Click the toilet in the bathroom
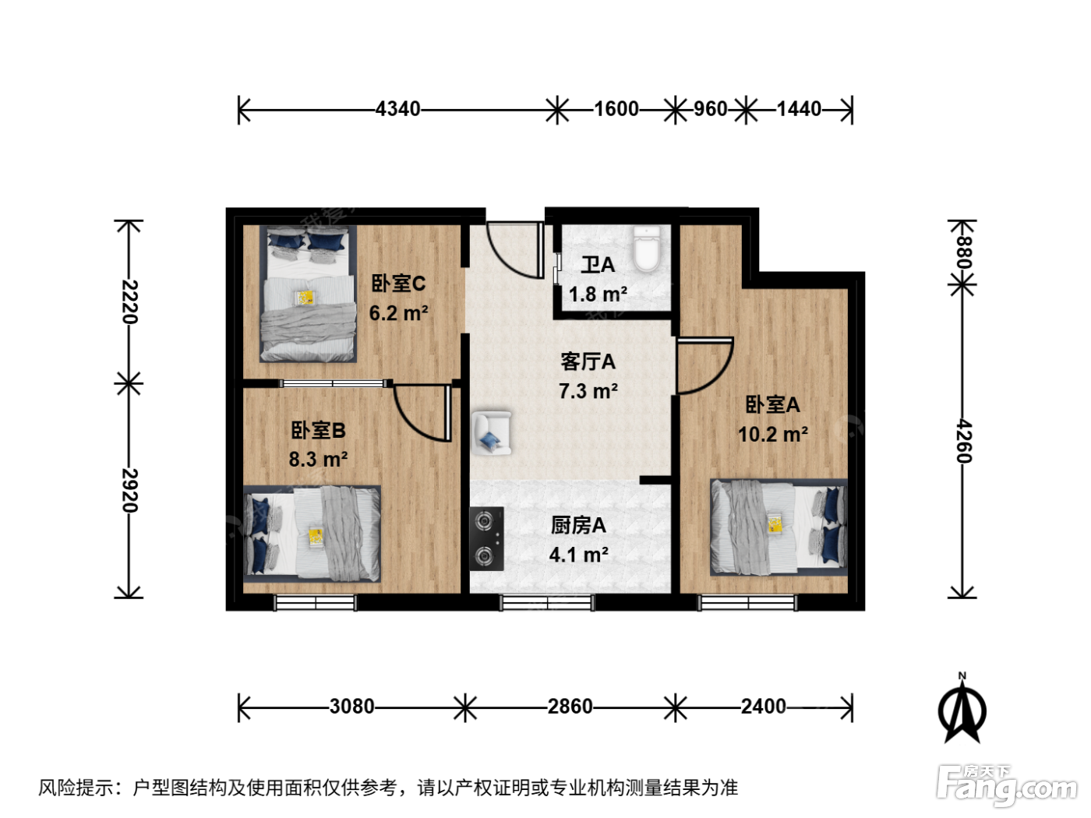tap(647, 249)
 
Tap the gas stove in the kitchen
tap(486, 538)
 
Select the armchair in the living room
tap(491, 433)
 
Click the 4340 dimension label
tap(397, 109)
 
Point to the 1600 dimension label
tap(616, 109)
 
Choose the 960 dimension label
tap(710, 109)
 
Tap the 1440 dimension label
tap(799, 109)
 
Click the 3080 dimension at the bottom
tap(351, 707)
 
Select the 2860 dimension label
tap(570, 707)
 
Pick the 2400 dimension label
tap(764, 707)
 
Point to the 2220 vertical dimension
tap(129, 302)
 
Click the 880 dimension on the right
tap(964, 252)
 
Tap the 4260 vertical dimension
tap(964, 441)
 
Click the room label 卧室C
tap(398, 284)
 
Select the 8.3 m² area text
tap(318, 460)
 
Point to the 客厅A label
tap(588, 362)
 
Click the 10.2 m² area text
tap(772, 435)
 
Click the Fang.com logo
tap(1008, 785)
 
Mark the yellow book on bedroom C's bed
tap(305, 298)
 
